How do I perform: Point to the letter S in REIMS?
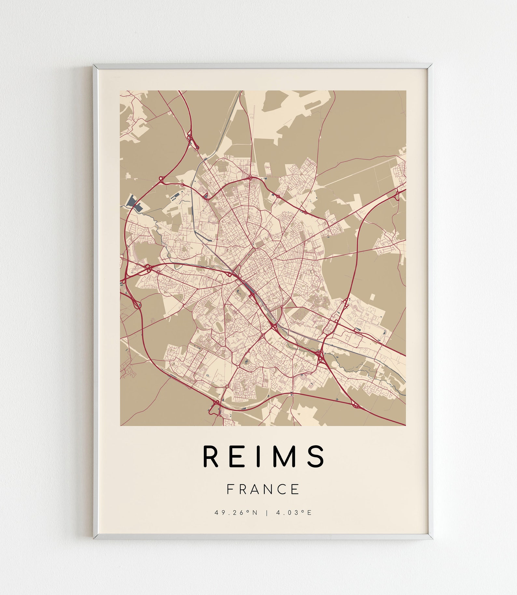click(316, 456)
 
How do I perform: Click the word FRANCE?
click(263, 489)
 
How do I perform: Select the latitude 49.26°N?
click(236, 513)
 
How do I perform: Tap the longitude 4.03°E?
click(294, 513)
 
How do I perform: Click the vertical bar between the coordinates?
click(267, 513)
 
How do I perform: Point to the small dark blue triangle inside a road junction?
click(205, 196)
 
